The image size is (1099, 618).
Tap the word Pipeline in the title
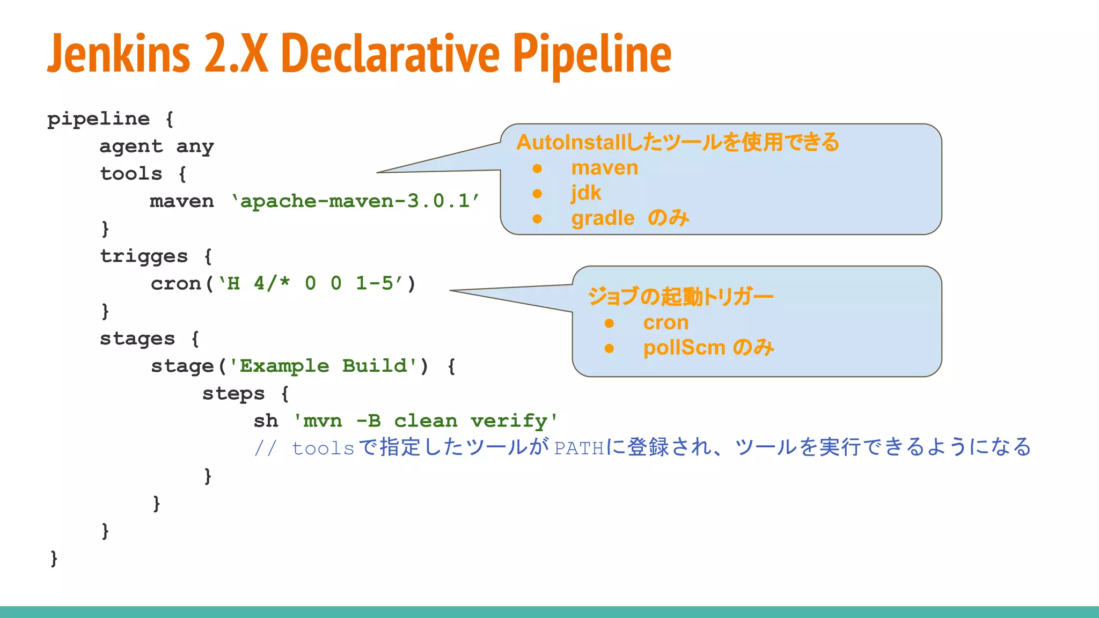[592, 54]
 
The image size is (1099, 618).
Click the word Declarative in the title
[390, 54]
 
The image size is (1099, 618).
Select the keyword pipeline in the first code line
[98, 119]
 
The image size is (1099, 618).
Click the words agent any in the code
[157, 146]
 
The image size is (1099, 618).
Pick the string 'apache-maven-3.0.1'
[356, 201]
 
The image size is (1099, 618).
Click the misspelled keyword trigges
[144, 256]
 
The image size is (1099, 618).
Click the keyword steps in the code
[233, 394]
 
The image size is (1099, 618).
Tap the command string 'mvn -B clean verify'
[426, 421]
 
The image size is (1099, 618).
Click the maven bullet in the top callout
[604, 168]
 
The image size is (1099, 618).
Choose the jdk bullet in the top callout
[585, 193]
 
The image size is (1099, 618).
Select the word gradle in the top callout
[603, 218]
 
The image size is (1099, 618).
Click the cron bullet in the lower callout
[665, 323]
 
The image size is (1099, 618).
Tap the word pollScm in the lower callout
[684, 348]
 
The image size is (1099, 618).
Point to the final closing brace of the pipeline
[54, 558]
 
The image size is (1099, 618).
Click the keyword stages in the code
[137, 339]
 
